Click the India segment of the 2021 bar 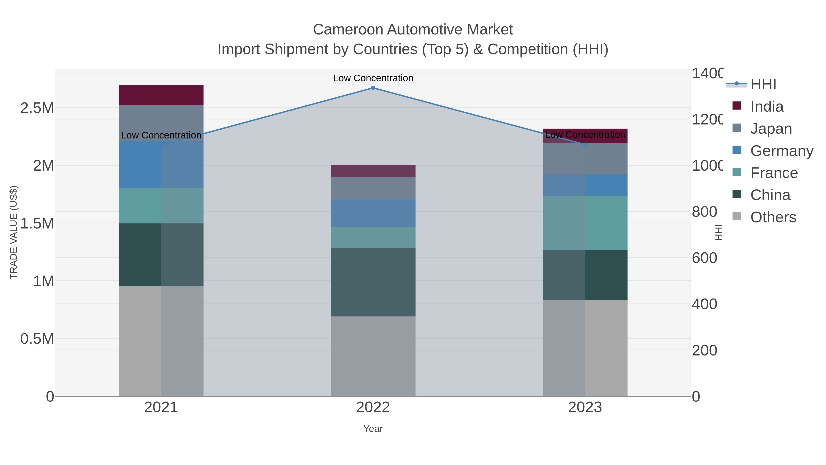(x=161, y=95)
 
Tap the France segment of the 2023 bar (x=585, y=223)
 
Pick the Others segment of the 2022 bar (x=373, y=356)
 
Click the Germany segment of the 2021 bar (x=161, y=164)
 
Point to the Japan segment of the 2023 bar (x=585, y=159)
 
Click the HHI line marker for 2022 (x=373, y=88)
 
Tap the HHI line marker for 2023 (x=585, y=145)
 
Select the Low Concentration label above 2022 (x=373, y=78)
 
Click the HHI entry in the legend (x=763, y=85)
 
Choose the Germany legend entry (x=781, y=151)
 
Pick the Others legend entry (x=773, y=217)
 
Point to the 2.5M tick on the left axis (x=37, y=108)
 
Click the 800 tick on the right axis (x=704, y=212)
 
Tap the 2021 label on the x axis (x=161, y=407)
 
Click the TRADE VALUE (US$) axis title (x=14, y=232)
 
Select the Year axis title (x=373, y=429)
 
